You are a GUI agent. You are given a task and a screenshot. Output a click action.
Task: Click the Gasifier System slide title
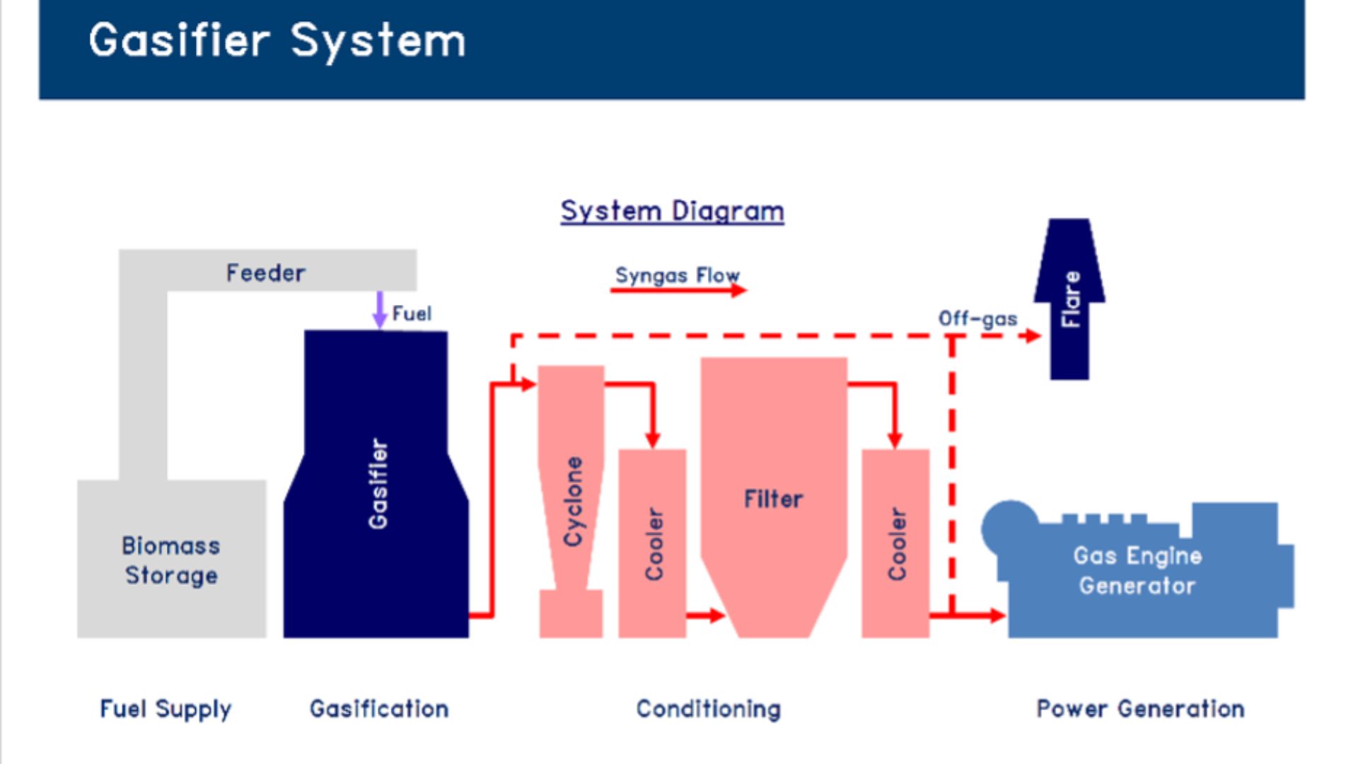click(277, 40)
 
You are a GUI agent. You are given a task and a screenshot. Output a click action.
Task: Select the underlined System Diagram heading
click(672, 211)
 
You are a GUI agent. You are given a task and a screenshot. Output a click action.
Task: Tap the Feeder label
click(266, 272)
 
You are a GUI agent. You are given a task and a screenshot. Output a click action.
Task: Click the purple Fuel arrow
click(380, 310)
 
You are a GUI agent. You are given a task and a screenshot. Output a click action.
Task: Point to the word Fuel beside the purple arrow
click(412, 313)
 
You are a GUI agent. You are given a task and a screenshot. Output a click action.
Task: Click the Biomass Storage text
click(171, 560)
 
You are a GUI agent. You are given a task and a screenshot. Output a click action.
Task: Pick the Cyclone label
click(573, 501)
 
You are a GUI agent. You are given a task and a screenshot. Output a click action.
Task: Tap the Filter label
click(773, 499)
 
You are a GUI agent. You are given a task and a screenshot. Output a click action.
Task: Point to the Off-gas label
click(977, 318)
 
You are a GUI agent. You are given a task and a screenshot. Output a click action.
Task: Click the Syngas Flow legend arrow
click(678, 290)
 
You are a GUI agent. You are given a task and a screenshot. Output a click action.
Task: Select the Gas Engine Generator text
click(1137, 570)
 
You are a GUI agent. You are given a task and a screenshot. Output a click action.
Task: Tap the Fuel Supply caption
click(166, 709)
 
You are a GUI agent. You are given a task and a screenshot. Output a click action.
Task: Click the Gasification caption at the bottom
click(379, 709)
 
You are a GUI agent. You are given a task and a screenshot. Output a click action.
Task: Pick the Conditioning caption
click(709, 709)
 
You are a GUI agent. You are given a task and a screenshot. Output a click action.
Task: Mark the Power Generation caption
click(1140, 709)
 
